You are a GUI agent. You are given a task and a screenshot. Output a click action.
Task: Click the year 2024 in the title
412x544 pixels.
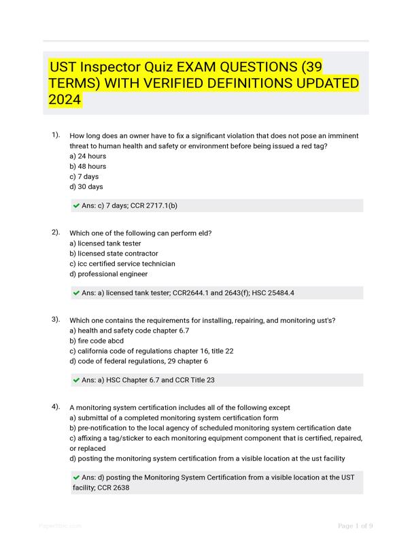[x=65, y=100]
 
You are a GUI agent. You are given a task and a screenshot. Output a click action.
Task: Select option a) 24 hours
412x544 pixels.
[x=88, y=156]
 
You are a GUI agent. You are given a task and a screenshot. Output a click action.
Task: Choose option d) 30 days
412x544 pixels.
[x=86, y=186]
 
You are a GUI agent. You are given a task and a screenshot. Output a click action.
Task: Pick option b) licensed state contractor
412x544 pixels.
[x=114, y=254]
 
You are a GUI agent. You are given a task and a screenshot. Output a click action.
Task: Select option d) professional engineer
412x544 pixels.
[x=109, y=274]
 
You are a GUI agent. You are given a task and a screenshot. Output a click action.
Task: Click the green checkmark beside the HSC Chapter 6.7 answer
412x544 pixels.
[x=76, y=380]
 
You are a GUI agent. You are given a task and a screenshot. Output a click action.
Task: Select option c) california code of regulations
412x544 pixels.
[x=151, y=351]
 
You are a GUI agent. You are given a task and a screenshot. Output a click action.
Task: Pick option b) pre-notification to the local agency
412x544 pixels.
[x=210, y=428]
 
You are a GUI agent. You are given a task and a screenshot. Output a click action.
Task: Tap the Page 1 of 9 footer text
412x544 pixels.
[x=355, y=526]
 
